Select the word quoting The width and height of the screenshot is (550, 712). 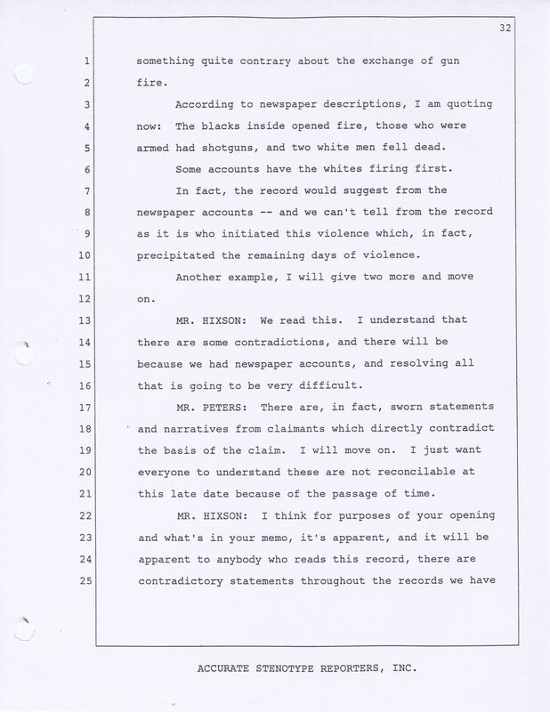[x=454, y=104]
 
